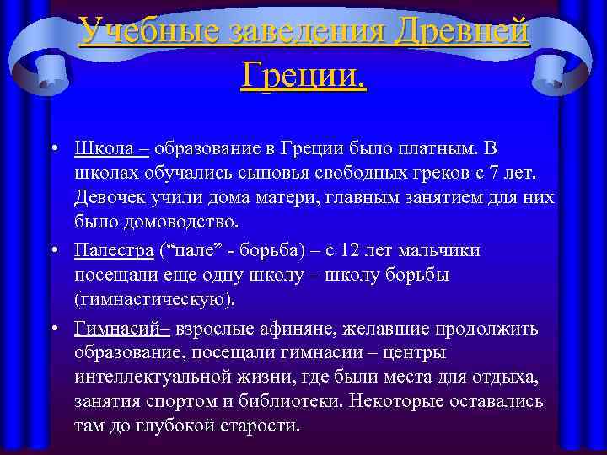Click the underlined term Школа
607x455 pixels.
point(106,148)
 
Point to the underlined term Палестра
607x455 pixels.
point(114,250)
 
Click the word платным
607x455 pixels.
point(438,148)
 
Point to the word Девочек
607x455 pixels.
point(110,199)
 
